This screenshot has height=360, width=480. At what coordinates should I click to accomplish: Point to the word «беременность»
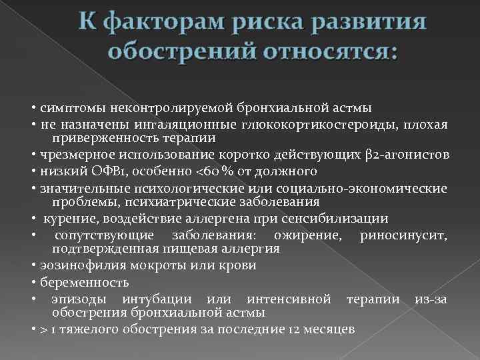pyautogui.click(x=77, y=282)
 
